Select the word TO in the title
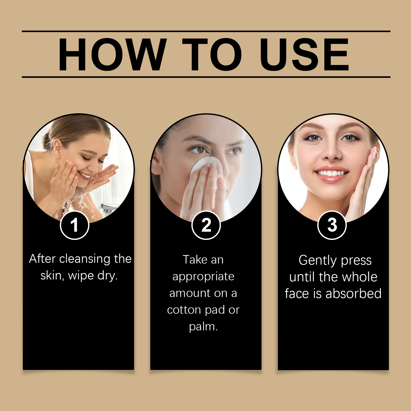pyautogui.click(x=212, y=54)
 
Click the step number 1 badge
pyautogui.click(x=74, y=225)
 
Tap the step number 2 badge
pyautogui.click(x=206, y=225)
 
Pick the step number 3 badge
pyautogui.click(x=332, y=225)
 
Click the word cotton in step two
pyautogui.click(x=184, y=310)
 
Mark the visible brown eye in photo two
pyautogui.click(x=199, y=149)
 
